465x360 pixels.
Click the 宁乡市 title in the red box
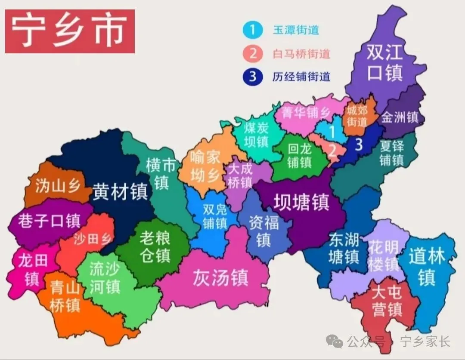(x=69, y=31)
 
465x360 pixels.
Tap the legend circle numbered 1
(x=253, y=30)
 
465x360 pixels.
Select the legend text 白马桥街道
(x=301, y=54)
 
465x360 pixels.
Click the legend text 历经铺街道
(x=301, y=77)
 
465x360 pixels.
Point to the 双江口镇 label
(x=384, y=63)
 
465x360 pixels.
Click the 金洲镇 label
(x=400, y=117)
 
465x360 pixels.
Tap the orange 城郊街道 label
(x=357, y=116)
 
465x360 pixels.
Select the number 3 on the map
(x=359, y=145)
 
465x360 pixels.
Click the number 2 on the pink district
(x=332, y=150)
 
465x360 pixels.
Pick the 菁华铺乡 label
(x=306, y=113)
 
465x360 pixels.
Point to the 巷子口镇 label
(x=49, y=221)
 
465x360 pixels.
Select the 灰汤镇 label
(x=220, y=278)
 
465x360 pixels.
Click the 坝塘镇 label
(x=302, y=202)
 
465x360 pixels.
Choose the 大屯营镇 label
(x=387, y=301)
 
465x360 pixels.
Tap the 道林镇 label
(x=427, y=267)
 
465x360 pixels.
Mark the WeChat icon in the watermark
(x=335, y=342)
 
